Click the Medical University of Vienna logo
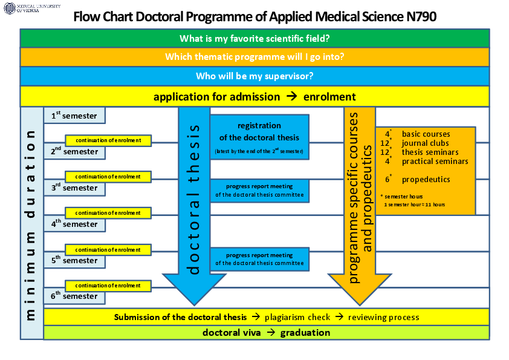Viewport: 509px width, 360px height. pos(32,8)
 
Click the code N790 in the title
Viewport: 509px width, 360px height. pos(416,17)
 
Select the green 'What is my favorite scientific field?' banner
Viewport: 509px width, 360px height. pos(254,39)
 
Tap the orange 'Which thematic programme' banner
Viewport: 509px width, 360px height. pos(254,57)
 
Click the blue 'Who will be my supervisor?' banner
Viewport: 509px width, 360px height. pos(254,76)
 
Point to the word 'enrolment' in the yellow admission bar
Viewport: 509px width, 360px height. pos(329,97)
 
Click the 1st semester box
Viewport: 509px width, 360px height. pos(74,115)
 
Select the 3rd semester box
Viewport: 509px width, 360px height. pos(74,188)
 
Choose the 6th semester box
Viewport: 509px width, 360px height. pos(74,296)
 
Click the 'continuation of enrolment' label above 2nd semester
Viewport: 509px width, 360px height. pos(108,140)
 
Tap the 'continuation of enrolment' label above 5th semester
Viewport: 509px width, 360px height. pos(108,249)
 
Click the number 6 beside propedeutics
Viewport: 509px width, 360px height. pos(387,179)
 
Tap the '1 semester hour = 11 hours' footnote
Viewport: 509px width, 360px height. pos(414,205)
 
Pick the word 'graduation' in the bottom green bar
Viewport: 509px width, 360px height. pos(305,333)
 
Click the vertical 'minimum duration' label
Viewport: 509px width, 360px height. pos(31,224)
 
